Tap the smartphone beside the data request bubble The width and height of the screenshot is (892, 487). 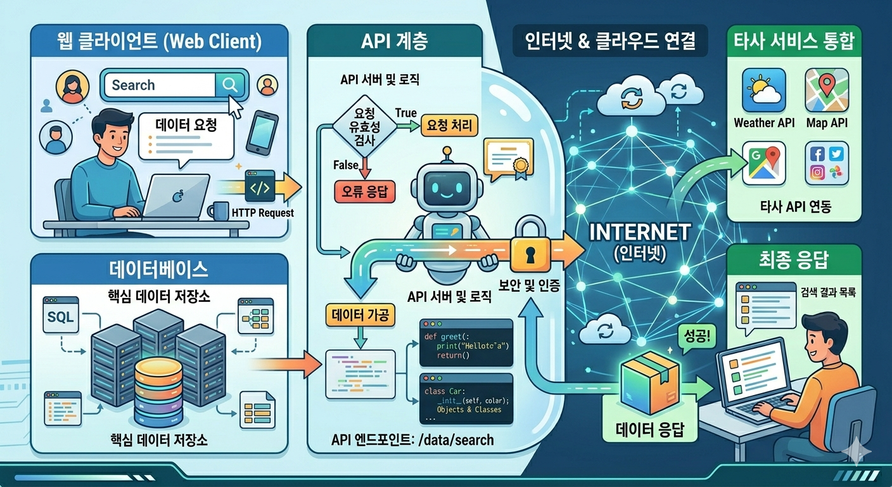262,134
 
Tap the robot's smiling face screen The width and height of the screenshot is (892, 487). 447,188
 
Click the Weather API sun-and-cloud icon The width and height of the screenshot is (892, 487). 763,91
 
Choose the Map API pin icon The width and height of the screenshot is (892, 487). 826,91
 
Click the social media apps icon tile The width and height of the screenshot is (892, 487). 826,164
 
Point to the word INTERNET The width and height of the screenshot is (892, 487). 639,232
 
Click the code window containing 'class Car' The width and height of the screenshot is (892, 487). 466,398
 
